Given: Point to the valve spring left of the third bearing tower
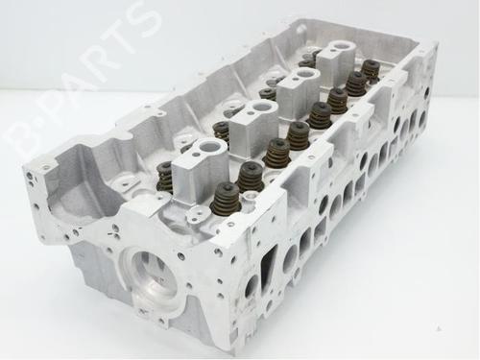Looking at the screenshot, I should [268, 94].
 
